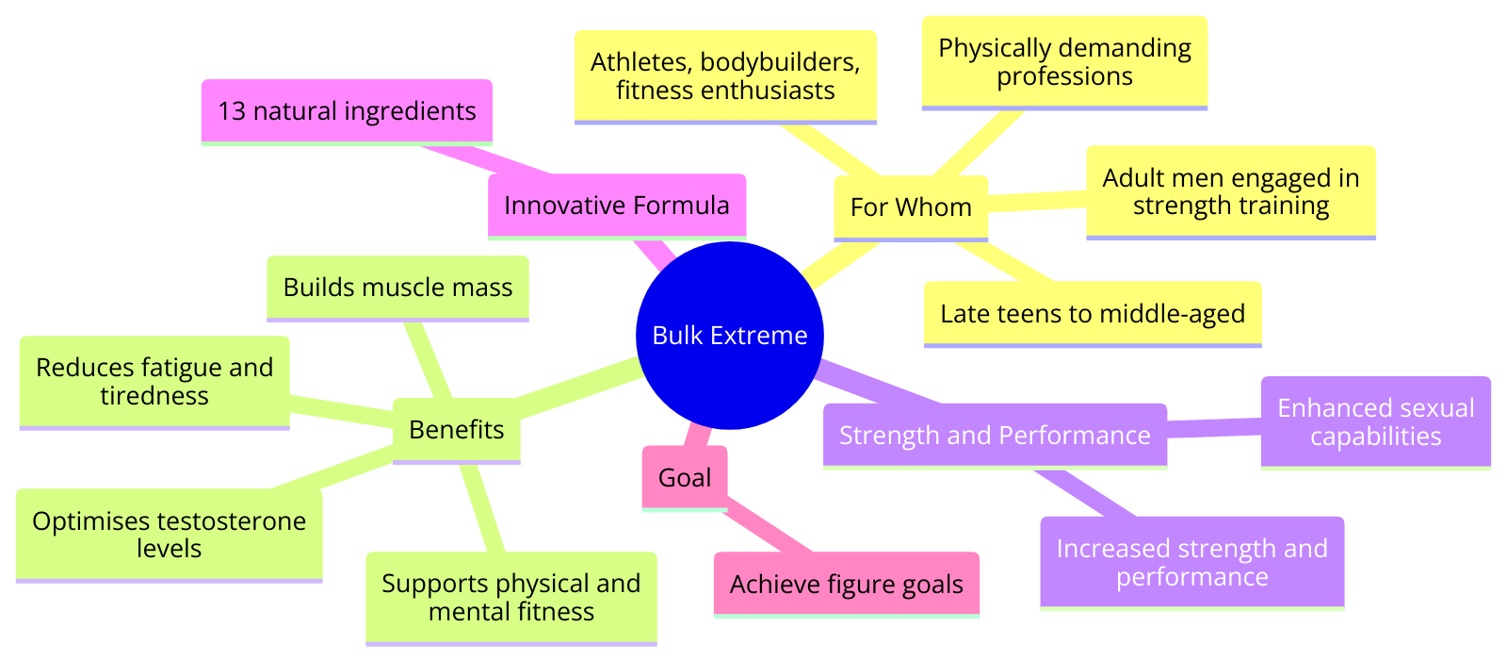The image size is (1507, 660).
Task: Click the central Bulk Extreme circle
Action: click(x=730, y=336)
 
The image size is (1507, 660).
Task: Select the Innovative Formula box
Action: click(x=617, y=206)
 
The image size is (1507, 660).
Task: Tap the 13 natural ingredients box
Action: click(x=348, y=112)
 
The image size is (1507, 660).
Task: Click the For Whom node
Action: click(x=911, y=208)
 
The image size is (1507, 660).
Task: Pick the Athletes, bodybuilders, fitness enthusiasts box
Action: click(x=725, y=77)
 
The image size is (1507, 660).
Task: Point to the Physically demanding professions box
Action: click(x=1064, y=63)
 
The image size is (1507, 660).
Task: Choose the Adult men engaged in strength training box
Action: click(x=1231, y=192)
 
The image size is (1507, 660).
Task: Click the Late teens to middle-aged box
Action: click(x=1093, y=315)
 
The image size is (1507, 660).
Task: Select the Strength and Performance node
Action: click(x=995, y=436)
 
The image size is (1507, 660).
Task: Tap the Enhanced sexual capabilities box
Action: click(x=1376, y=423)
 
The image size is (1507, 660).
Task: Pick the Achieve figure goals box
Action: click(x=847, y=585)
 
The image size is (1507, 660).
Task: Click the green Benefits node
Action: click(x=457, y=431)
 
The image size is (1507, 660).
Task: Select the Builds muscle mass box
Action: click(x=397, y=289)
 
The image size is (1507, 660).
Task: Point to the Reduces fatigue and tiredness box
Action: click(x=154, y=383)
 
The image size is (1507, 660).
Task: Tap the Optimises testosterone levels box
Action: click(x=169, y=536)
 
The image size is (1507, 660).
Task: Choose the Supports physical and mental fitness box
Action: click(x=511, y=599)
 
